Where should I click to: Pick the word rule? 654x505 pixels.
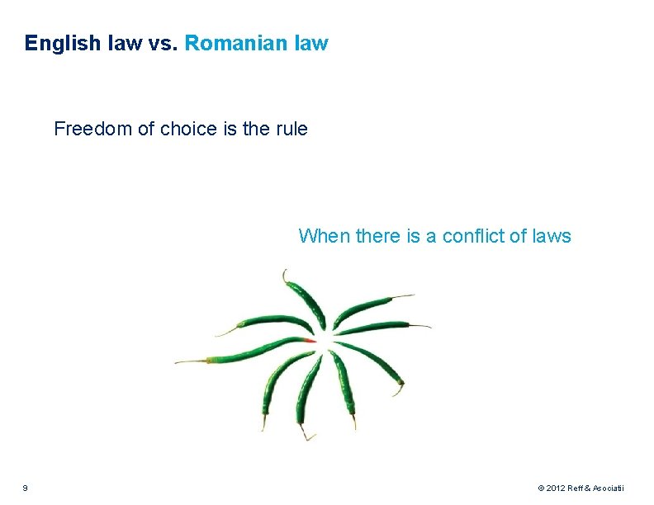click(x=290, y=129)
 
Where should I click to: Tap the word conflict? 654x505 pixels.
click(x=474, y=236)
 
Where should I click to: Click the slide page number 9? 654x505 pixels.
click(x=25, y=488)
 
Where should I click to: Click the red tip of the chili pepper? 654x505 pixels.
click(x=309, y=340)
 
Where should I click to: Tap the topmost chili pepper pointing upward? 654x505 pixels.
click(x=305, y=301)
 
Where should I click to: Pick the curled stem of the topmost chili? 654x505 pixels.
click(x=285, y=274)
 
